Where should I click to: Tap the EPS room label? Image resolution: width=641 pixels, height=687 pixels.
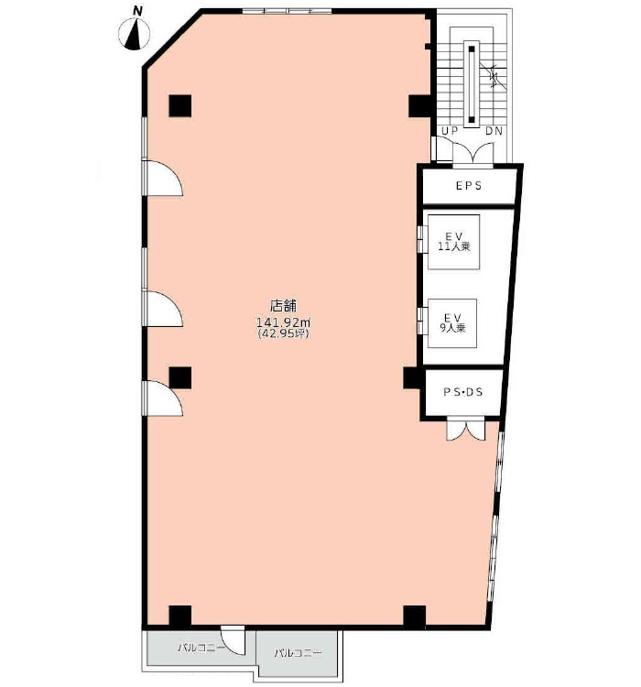pos(469,186)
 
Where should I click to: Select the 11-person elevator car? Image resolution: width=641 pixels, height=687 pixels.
pos(453,242)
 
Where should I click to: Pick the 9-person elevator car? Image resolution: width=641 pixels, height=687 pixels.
pos(452,323)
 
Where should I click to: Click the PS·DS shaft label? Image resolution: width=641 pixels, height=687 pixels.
pos(463,392)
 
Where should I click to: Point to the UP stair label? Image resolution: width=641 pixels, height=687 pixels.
pos(450,131)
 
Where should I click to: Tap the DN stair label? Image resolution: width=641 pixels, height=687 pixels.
pos(494,131)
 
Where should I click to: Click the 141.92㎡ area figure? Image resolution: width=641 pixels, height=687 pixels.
pos(283,322)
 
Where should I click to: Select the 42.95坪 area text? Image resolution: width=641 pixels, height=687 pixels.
pos(284,333)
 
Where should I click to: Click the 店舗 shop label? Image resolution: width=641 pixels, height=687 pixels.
pos(283,305)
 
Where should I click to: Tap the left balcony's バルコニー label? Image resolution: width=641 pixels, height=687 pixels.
pos(201,647)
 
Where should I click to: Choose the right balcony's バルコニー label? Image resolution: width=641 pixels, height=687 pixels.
pos(298,654)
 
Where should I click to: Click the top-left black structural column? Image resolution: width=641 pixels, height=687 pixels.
pos(180,105)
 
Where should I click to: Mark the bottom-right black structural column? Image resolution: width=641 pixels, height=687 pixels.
pos(415,616)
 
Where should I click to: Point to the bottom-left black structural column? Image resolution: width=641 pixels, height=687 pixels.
pos(180,616)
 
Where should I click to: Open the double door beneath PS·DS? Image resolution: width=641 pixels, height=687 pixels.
pos(466,431)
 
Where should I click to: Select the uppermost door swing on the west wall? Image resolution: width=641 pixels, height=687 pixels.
pos(163,178)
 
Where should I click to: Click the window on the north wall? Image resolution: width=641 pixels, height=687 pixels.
pos(287,11)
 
